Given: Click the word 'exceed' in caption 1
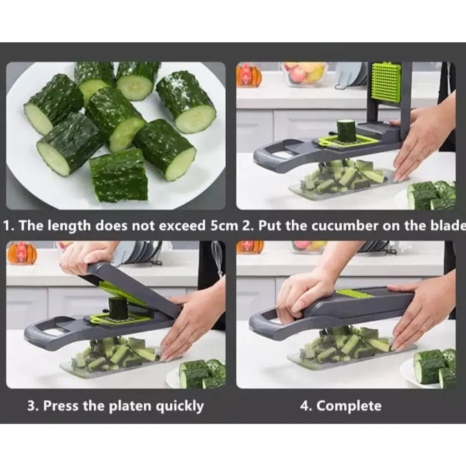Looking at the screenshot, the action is [182, 226].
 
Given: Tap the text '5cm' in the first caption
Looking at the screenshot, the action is [224, 226].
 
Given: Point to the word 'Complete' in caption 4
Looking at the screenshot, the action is [349, 406].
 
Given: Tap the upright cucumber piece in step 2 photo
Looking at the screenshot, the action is [346, 131].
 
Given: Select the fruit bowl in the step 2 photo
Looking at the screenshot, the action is [305, 74].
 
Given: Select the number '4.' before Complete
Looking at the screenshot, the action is [306, 406].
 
